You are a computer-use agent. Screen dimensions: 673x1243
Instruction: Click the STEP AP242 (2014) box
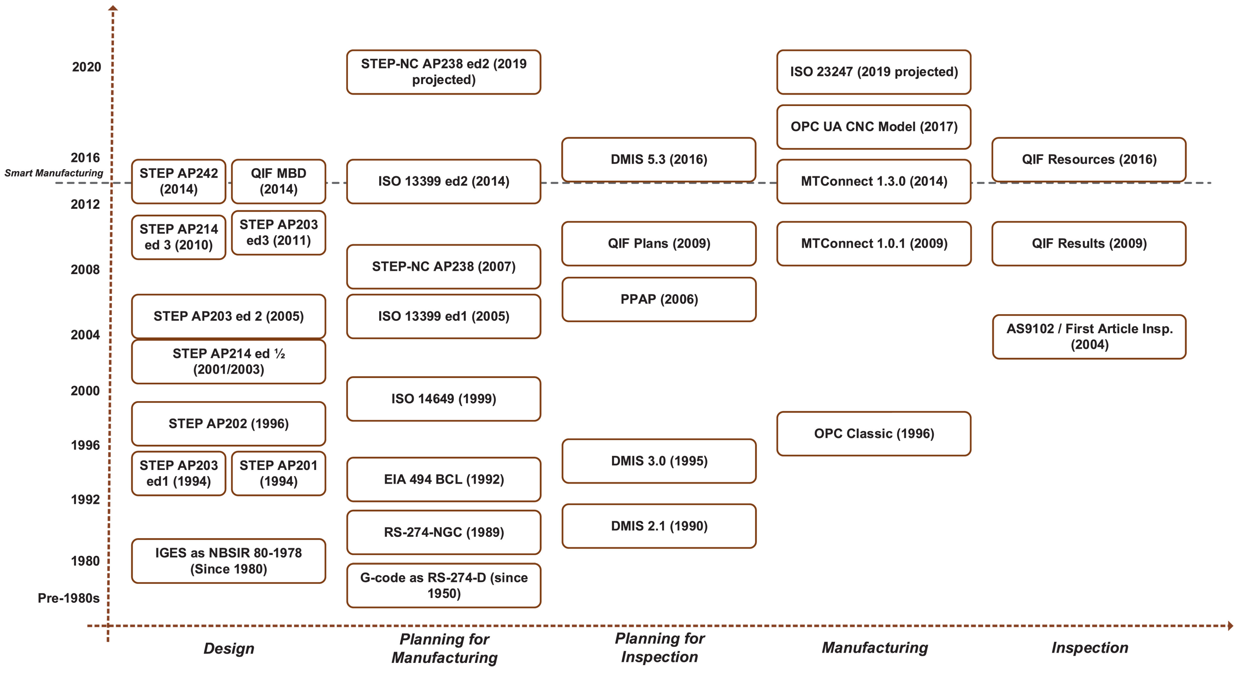[179, 181]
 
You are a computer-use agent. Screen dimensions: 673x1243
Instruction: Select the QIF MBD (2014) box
[278, 181]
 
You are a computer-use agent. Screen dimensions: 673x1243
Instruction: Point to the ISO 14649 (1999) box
[444, 399]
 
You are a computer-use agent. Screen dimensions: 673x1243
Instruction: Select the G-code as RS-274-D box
[444, 585]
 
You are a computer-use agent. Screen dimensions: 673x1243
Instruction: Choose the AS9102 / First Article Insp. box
[1089, 336]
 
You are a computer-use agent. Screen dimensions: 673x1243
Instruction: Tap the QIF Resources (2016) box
[1089, 159]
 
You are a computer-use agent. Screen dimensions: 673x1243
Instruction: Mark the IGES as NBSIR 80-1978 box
[228, 561]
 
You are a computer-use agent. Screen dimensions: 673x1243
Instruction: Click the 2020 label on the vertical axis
[86, 67]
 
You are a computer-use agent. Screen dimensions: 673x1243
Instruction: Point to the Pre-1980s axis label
[68, 598]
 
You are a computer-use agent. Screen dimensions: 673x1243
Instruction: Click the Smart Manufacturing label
[54, 173]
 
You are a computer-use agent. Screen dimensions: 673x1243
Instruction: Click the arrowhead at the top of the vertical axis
[113, 8]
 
